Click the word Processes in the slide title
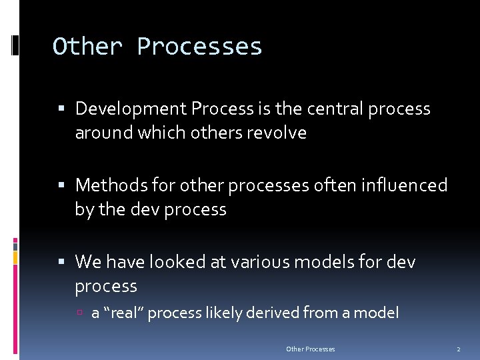tap(199, 47)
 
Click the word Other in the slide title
tap(87, 47)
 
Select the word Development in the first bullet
tap(131, 109)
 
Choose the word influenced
tap(405, 185)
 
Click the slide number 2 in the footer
tap(458, 349)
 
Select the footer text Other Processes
tap(310, 349)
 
